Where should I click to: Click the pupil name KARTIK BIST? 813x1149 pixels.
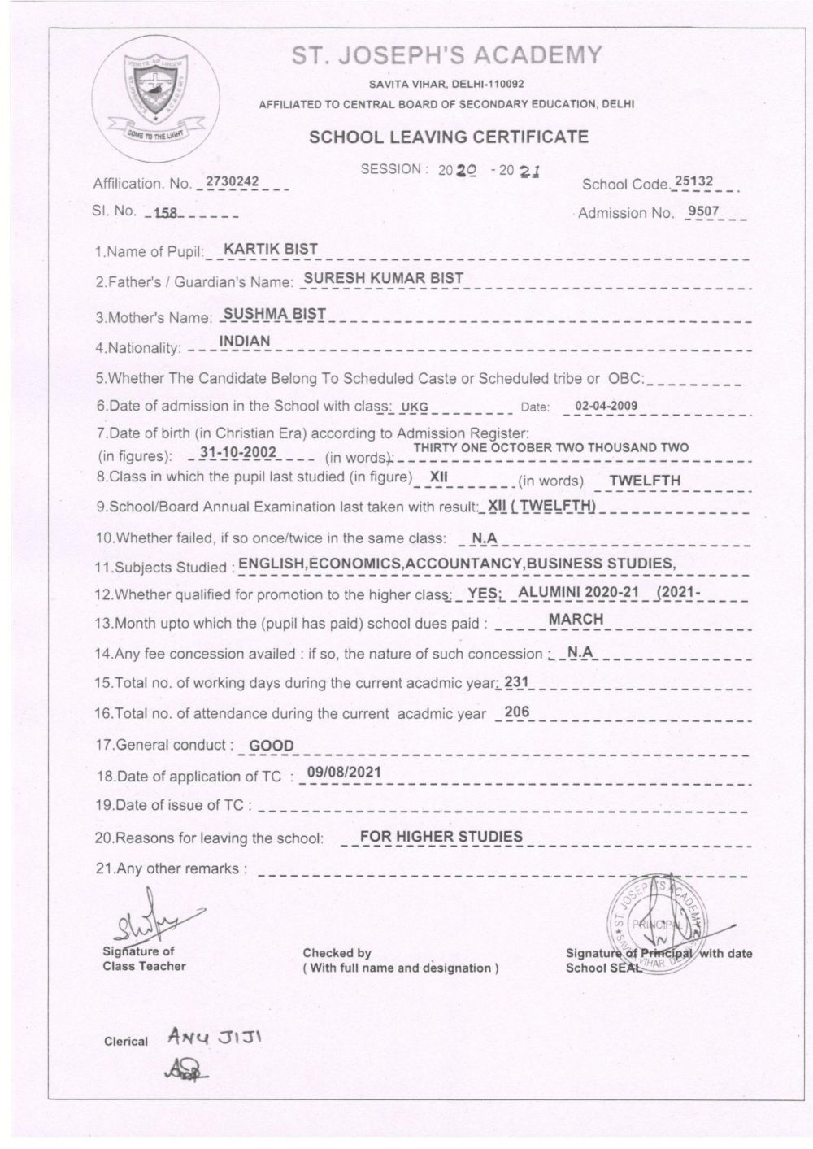point(271,249)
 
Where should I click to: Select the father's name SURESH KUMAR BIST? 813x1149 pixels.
point(383,278)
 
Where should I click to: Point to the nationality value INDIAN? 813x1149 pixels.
point(245,342)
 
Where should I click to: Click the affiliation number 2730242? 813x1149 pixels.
point(232,181)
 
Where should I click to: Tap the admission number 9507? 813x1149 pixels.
point(703,211)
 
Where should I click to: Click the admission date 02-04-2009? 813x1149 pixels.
point(606,406)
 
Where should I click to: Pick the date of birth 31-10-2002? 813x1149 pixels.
point(238,452)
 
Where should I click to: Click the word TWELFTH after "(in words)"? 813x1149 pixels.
point(645,480)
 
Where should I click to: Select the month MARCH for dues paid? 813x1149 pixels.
point(576,619)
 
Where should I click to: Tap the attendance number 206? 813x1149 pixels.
point(517,712)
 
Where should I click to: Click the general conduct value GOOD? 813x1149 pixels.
point(272,745)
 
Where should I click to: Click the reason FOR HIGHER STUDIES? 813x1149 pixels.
point(441,836)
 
